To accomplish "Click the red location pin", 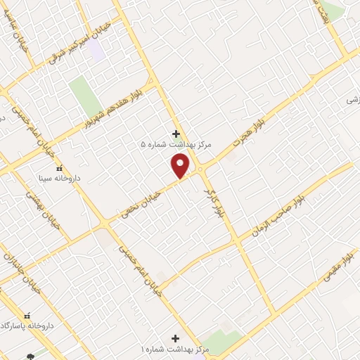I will coord(181,166).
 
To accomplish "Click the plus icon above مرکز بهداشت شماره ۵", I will coord(176,134).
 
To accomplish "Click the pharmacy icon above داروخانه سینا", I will coord(59,168).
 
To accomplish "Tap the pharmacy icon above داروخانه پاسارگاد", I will coord(28,316).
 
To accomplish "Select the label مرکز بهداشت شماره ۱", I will coord(176,349).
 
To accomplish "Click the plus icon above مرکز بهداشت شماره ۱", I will coord(176,338).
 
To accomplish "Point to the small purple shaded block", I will coord(96,50).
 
